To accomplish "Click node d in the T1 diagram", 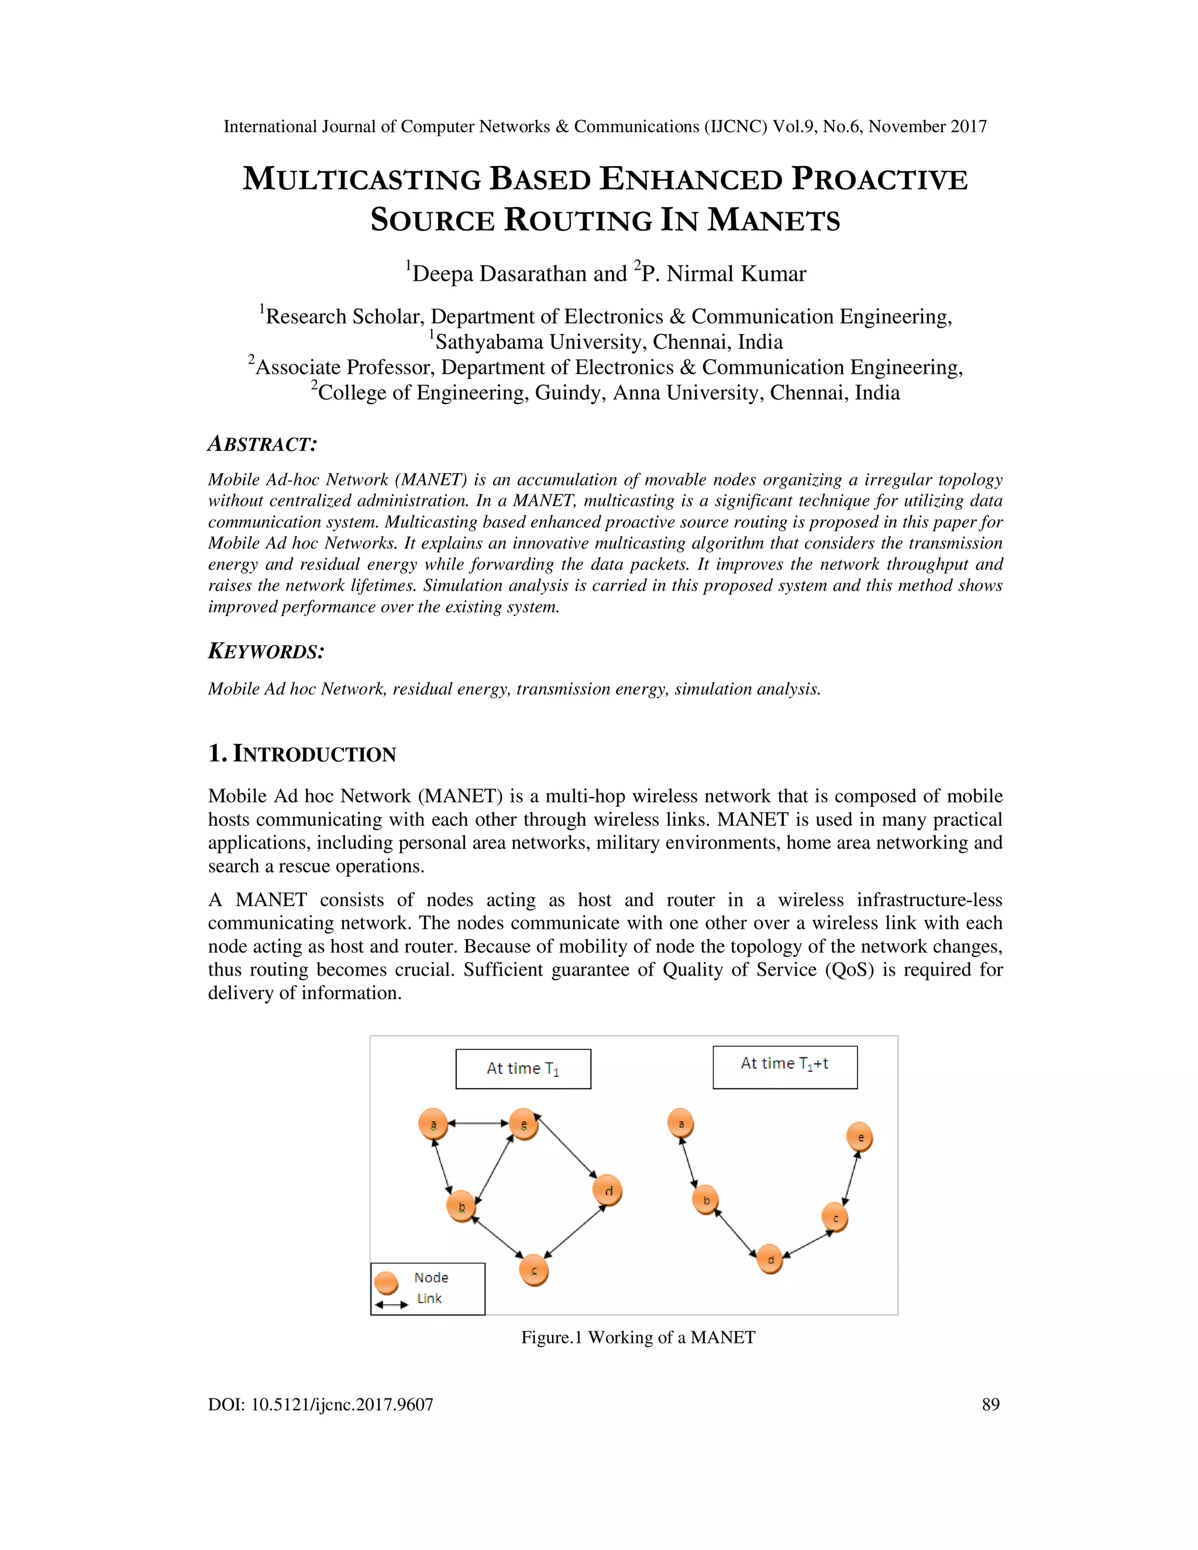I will [x=608, y=1190].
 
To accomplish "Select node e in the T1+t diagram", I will [x=859, y=1138].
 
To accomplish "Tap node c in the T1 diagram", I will [x=533, y=1270].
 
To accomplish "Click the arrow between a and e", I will [x=478, y=1124].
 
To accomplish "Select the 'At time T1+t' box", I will [x=785, y=1067].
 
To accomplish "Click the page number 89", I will [x=990, y=1404].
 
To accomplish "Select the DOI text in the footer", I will [x=320, y=1404].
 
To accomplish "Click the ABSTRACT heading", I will [x=262, y=445].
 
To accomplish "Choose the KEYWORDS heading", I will [x=266, y=652].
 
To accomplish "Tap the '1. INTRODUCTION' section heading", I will [x=302, y=754].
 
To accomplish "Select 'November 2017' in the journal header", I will [x=928, y=126].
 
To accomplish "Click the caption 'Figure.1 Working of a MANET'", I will [x=638, y=1338].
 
